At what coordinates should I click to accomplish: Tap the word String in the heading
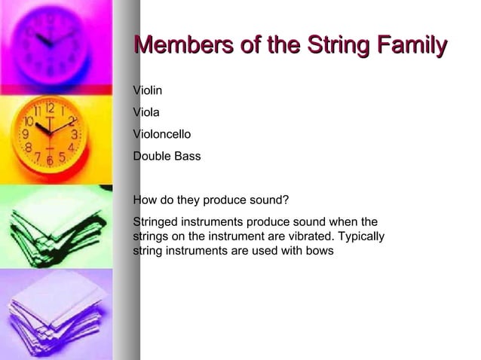tap(335, 47)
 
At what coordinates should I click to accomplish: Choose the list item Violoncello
tap(161, 135)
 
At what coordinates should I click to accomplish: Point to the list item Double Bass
tap(167, 157)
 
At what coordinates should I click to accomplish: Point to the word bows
tap(320, 251)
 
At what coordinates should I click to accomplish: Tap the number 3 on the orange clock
tap(74, 135)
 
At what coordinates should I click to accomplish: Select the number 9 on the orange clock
tap(25, 136)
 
